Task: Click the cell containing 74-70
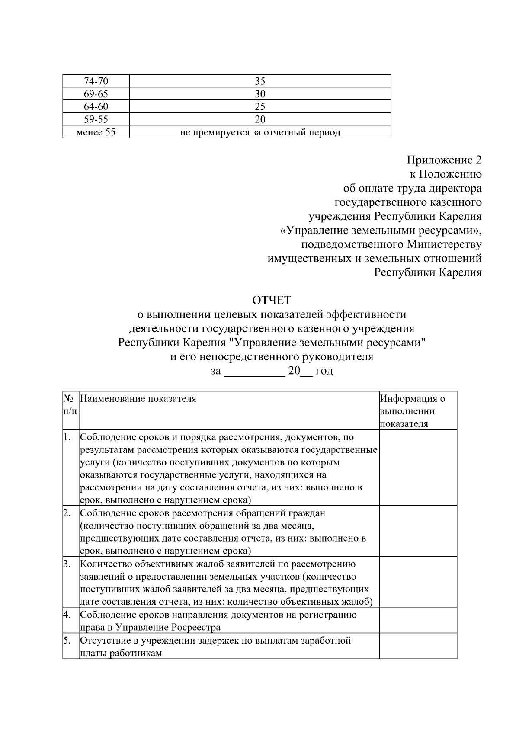[96, 81]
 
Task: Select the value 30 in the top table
[260, 94]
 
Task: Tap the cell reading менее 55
[96, 132]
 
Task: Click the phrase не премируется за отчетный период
[260, 132]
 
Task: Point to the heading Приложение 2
[444, 160]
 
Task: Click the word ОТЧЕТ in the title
[272, 300]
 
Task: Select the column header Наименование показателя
[138, 399]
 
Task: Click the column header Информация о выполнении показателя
[412, 411]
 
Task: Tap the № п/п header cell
[70, 404]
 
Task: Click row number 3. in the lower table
[67, 564]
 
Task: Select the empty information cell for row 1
[418, 468]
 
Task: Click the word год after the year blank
[324, 371]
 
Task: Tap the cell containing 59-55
[96, 119]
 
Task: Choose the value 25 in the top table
[260, 106]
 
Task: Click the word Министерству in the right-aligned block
[444, 245]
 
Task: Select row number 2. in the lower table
[67, 513]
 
